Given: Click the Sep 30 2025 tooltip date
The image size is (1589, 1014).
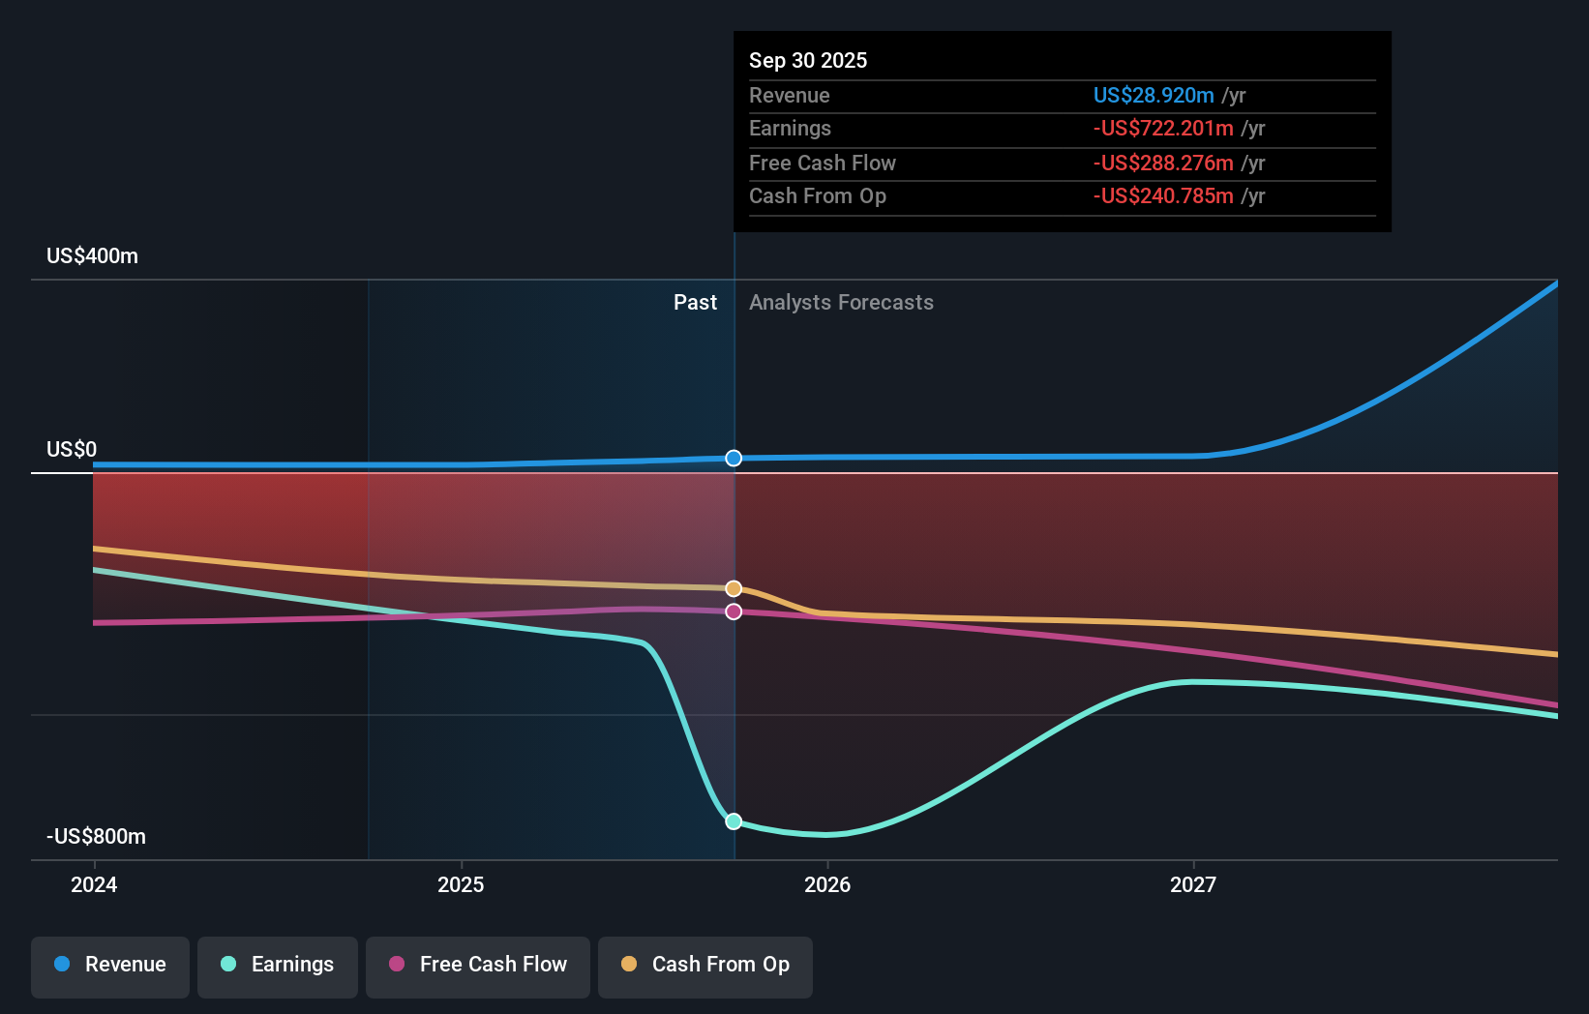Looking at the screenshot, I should (808, 60).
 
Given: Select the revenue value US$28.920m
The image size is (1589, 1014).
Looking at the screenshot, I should (1153, 95).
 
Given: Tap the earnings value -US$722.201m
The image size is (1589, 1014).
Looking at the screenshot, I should (1162, 128).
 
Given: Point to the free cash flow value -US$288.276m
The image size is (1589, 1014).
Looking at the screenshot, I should (1162, 163).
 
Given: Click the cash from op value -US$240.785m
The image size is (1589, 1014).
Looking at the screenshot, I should (1162, 195).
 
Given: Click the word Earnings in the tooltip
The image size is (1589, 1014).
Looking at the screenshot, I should (790, 128).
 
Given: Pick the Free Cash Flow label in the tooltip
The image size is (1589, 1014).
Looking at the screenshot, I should (822, 163).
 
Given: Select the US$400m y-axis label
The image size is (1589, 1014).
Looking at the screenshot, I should (92, 255).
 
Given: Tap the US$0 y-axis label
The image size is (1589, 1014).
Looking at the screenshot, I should (72, 449).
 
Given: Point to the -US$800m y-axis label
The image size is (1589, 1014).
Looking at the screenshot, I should (96, 836).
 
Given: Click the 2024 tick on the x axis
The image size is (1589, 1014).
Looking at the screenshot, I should (94, 884).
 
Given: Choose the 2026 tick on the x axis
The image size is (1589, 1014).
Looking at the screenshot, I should (827, 884).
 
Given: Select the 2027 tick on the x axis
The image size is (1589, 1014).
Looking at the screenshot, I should (1193, 884).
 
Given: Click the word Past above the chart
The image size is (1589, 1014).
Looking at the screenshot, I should (695, 302).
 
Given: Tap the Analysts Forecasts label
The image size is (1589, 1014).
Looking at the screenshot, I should (841, 302).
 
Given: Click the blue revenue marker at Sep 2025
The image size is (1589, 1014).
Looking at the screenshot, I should (734, 458).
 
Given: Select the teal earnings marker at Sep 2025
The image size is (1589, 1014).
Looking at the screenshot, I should (734, 820).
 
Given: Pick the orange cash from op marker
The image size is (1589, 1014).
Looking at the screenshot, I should (734, 588).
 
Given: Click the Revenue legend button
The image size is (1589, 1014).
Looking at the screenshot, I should (110, 966).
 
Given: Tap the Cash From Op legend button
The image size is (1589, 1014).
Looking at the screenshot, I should (705, 966).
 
